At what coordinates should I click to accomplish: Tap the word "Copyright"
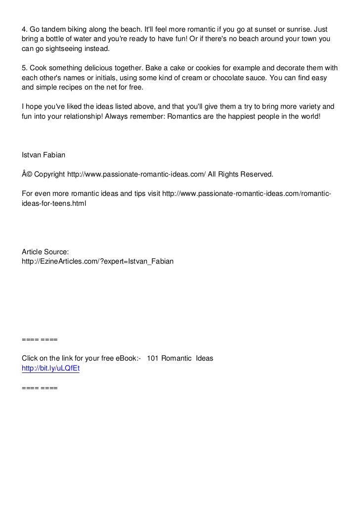49,174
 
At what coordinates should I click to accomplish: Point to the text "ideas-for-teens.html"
54,203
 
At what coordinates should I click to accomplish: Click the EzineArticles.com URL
98,260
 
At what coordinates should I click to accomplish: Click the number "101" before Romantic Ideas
153,358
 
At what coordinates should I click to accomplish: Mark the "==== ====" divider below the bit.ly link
40,388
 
